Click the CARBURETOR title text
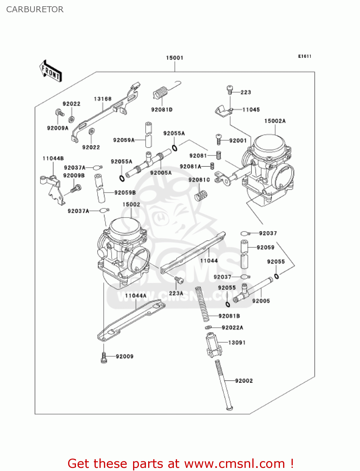pyautogui.click(x=35, y=9)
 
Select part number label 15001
pyautogui.click(x=175, y=58)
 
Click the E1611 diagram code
pyautogui.click(x=304, y=57)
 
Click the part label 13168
pyautogui.click(x=103, y=99)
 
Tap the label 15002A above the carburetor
pyautogui.click(x=275, y=121)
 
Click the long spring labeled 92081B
pyautogui.click(x=202, y=304)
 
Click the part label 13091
pyautogui.click(x=237, y=343)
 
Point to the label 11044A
pyautogui.click(x=136, y=296)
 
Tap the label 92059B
pyautogui.click(x=125, y=192)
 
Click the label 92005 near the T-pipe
pyautogui.click(x=261, y=301)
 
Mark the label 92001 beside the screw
pyautogui.click(x=238, y=141)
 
